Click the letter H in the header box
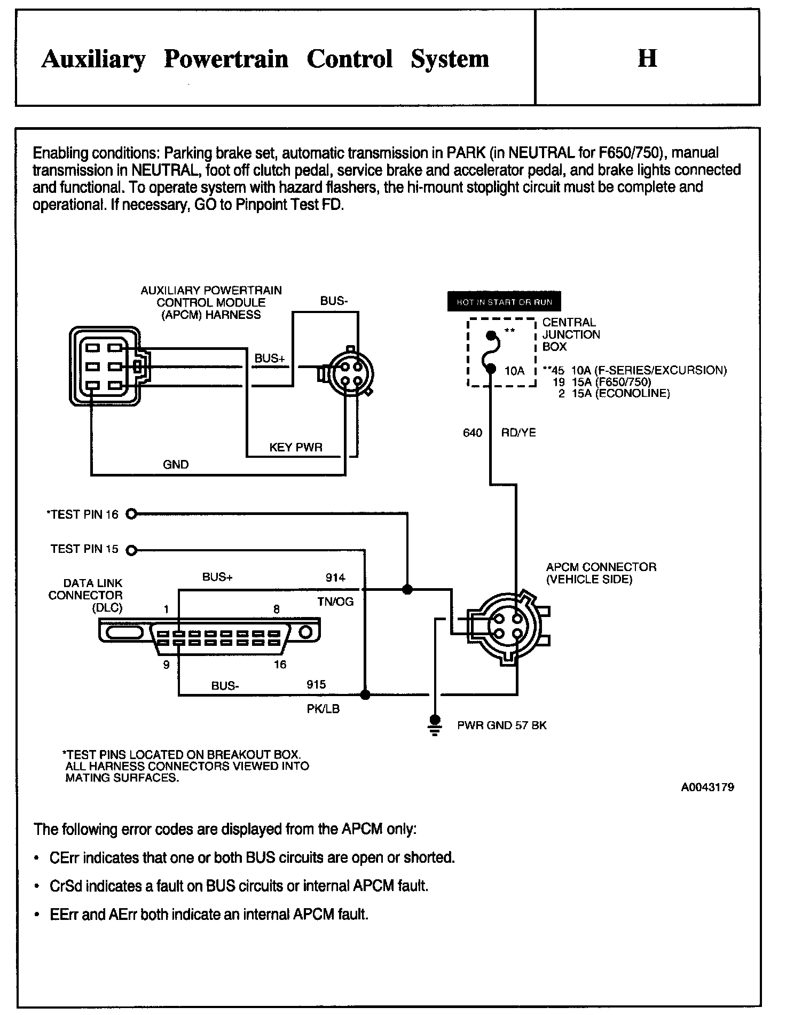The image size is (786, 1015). [647, 58]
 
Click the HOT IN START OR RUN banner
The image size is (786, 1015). [504, 302]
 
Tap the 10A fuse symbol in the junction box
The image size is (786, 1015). [491, 352]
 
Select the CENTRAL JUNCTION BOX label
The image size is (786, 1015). [571, 334]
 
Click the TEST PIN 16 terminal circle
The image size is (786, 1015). [132, 514]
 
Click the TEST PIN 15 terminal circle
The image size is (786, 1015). [131, 550]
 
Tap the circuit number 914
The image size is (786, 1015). [335, 577]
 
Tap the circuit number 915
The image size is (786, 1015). [316, 685]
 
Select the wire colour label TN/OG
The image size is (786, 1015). [335, 602]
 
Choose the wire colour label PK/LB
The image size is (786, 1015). [323, 709]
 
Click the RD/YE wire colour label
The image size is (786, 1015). [518, 433]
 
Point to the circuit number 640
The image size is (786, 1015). [473, 433]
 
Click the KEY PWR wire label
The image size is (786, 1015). [296, 448]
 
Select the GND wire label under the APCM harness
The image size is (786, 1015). [176, 465]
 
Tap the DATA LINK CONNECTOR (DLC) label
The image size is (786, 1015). [85, 595]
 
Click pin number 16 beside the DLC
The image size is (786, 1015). [280, 665]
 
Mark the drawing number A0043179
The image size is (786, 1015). [707, 787]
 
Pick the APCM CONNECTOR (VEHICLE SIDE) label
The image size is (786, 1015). [601, 573]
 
